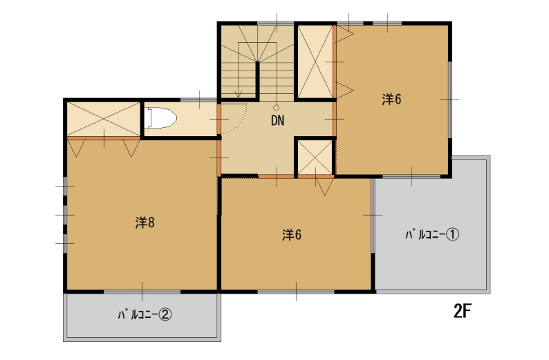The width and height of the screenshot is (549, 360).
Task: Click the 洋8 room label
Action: point(145,222)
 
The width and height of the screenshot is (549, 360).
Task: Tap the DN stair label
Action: point(278,121)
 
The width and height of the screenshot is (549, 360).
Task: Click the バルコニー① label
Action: point(432,234)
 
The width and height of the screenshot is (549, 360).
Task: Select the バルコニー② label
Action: point(145,315)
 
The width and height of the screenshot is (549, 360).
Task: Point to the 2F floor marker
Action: point(463,311)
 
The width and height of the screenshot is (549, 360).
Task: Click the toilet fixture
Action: point(160,118)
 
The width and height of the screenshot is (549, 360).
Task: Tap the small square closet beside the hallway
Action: point(315,158)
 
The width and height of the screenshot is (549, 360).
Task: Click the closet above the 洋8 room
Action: point(103,119)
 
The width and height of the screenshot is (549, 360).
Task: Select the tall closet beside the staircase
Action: point(315,61)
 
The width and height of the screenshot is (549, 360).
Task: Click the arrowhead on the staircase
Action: point(238,95)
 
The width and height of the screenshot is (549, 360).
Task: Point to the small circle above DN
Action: point(277,108)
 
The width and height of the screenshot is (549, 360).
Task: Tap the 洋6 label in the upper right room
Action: point(391,100)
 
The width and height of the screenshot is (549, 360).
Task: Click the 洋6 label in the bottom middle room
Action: point(292,235)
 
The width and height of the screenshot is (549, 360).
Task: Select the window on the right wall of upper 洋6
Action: point(450,100)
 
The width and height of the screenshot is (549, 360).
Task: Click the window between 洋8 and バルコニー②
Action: point(142,292)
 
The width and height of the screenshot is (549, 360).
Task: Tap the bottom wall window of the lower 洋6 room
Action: point(296,292)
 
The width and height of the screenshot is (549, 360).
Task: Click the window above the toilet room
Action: point(199,100)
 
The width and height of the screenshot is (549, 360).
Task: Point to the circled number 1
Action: point(452,235)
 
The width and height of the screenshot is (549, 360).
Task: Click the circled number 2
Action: point(165,315)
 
